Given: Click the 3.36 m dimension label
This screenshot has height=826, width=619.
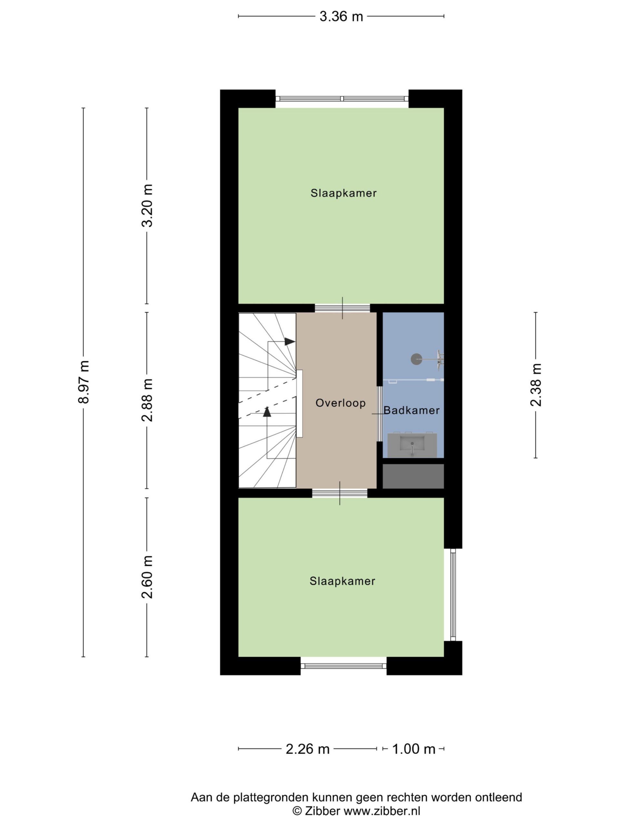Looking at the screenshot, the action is pos(341,16).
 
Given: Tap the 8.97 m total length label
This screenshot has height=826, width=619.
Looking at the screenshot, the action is pos(84,382).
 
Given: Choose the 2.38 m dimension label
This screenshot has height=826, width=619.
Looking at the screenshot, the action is pos(536,385).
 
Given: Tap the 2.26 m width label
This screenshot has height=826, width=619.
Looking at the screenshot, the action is pos(308,749).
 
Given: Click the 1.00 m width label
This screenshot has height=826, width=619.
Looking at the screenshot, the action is pos(414,749).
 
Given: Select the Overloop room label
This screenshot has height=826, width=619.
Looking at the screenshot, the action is pos(340,403).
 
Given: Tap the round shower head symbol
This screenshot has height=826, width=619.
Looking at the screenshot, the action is pos(417,359).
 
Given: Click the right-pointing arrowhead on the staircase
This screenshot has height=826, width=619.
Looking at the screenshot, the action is pos(290,341).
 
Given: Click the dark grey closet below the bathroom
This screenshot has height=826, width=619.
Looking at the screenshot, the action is pos(413,476).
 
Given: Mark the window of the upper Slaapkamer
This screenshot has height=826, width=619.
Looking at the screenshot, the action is pos(342,99).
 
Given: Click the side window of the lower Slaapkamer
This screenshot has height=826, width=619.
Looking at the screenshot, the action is pos(453,594).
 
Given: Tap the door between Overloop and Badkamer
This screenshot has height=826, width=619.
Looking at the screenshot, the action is pos(379,414).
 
